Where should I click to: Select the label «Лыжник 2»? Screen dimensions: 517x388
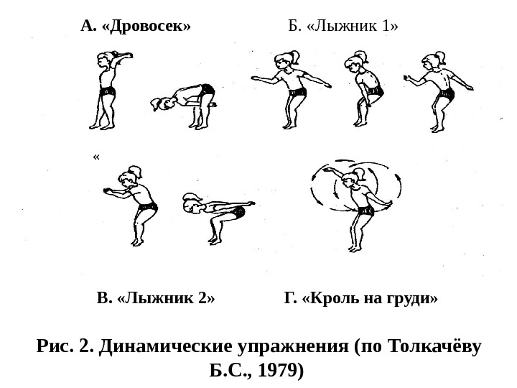(167, 297)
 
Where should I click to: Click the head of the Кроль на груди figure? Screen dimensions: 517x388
(350, 183)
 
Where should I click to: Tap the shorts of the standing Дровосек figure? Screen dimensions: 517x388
(107, 91)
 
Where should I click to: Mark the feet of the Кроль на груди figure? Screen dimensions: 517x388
(353, 249)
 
